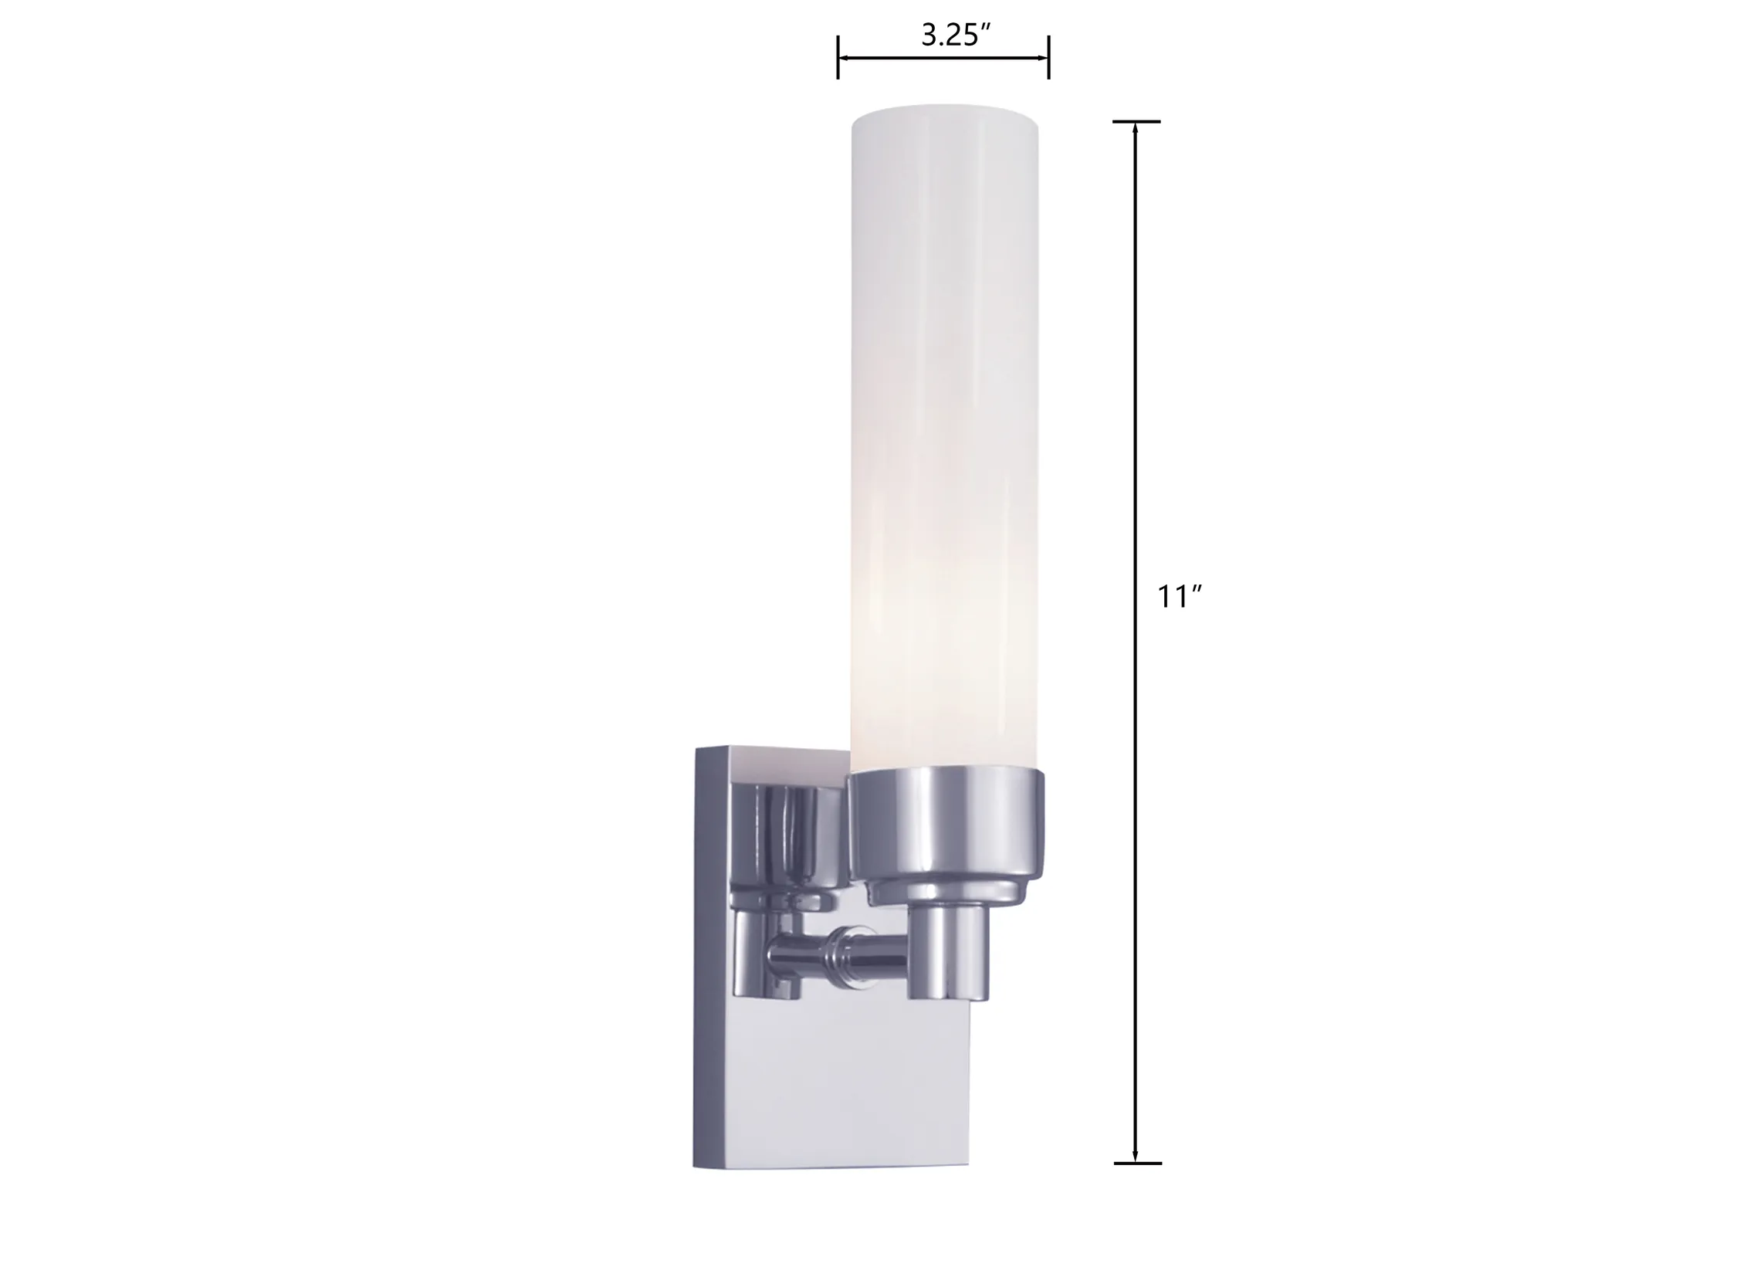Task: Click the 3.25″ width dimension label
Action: (x=955, y=36)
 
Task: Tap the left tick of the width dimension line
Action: (x=838, y=58)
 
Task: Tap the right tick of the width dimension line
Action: (x=1048, y=58)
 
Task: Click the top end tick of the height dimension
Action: (x=1136, y=121)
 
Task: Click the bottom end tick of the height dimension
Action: (x=1136, y=1184)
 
